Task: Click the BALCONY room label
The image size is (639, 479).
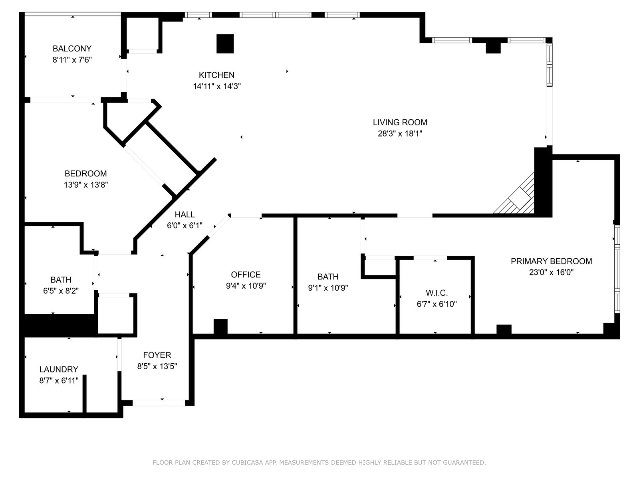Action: click(x=72, y=49)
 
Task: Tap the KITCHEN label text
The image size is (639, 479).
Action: click(x=216, y=75)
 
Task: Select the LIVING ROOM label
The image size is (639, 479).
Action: click(x=400, y=123)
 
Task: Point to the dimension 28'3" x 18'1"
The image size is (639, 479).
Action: click(x=400, y=134)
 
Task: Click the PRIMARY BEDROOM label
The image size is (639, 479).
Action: click(x=551, y=261)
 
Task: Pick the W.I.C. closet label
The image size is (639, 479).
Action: click(x=437, y=293)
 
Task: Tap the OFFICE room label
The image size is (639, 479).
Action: click(x=246, y=275)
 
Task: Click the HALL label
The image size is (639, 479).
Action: click(x=185, y=215)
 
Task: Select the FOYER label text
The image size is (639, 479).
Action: click(x=157, y=355)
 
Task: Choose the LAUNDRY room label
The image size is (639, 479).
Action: click(x=59, y=370)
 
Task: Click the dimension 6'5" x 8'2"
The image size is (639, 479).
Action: click(x=61, y=291)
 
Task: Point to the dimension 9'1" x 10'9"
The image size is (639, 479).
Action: click(x=328, y=288)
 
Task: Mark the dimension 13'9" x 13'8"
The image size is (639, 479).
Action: click(x=85, y=185)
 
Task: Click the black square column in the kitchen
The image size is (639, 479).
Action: click(x=225, y=44)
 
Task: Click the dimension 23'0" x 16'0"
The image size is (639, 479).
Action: click(x=551, y=273)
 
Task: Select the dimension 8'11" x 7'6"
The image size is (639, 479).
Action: click(x=72, y=60)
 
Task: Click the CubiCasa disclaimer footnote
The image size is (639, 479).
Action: click(x=319, y=463)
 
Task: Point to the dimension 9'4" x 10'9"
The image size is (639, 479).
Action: click(x=246, y=286)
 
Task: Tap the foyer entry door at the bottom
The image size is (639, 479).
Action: click(x=159, y=403)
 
